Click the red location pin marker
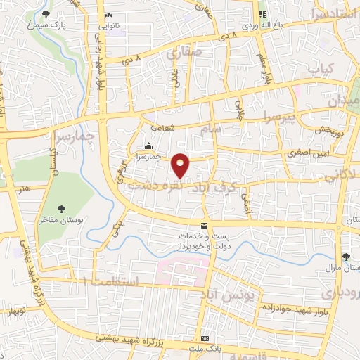[x=181, y=165]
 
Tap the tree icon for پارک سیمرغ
[x=46, y=15]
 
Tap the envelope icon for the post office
[x=204, y=226]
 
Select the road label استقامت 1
[x=112, y=281]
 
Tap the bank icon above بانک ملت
[x=205, y=338]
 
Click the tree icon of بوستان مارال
[x=345, y=257]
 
